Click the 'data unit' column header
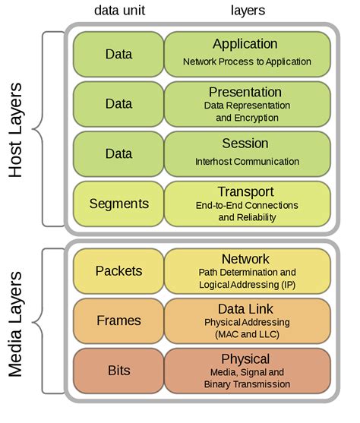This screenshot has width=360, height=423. [120, 11]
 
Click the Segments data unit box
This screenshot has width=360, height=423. [118, 204]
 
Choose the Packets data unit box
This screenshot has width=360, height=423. [118, 270]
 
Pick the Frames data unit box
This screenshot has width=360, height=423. [118, 320]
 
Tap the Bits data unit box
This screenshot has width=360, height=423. [118, 371]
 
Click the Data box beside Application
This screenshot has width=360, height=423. [118, 54]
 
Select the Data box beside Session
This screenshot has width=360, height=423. [118, 153]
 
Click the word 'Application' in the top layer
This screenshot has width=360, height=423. [245, 44]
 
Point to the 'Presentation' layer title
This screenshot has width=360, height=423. [245, 92]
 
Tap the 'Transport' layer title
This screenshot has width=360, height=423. [245, 191]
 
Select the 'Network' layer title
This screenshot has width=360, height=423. [245, 259]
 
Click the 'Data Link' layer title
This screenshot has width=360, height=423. [245, 308]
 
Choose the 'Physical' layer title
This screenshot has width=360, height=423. [245, 358]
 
